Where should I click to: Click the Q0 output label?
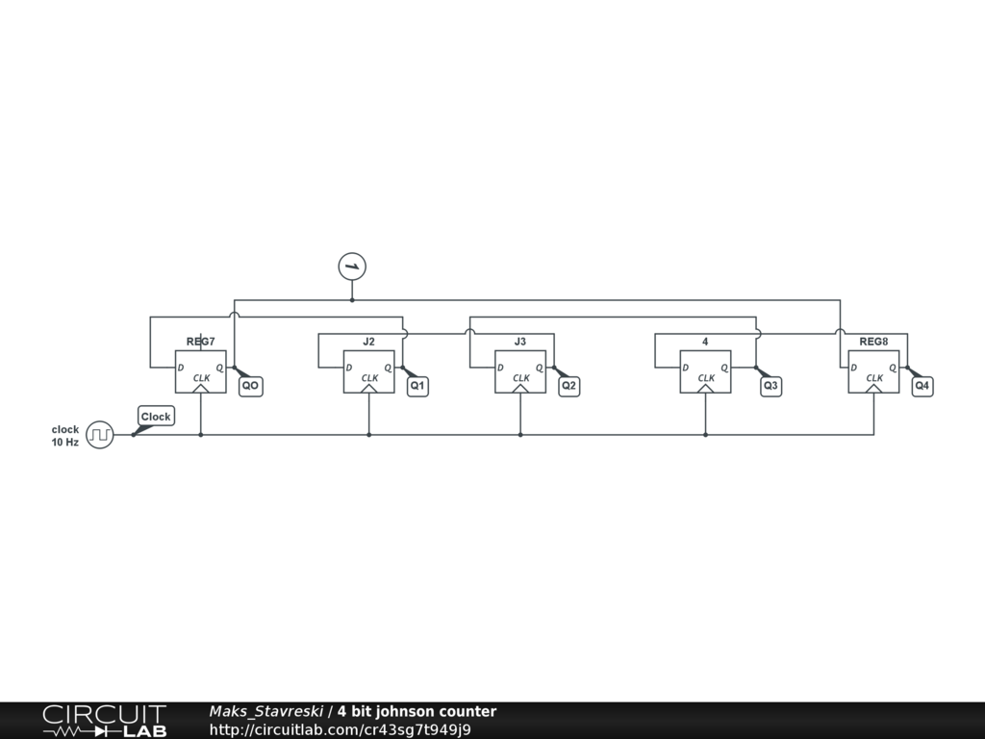coord(250,386)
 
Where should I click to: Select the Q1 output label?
coord(417,386)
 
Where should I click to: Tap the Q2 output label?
coord(568,386)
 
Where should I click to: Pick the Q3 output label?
coord(770,386)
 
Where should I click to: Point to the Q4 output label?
coord(922,386)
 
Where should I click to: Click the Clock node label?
coord(156,417)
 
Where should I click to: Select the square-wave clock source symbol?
coord(100,435)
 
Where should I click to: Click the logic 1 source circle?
coord(352,267)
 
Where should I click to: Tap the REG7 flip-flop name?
coord(200,342)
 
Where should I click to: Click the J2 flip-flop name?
coord(368,342)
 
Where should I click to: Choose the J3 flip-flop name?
coord(520,342)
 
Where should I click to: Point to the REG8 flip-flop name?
coord(873,342)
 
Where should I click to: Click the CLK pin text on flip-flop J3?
coord(520,378)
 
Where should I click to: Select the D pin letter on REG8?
coord(854,368)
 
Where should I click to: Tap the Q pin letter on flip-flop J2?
coord(388,368)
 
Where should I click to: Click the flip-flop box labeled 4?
coord(705,371)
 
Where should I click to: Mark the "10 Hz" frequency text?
coord(65,443)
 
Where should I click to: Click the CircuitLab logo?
coord(104,721)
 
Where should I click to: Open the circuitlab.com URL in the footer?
coord(340,729)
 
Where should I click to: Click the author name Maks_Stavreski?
coord(266,712)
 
